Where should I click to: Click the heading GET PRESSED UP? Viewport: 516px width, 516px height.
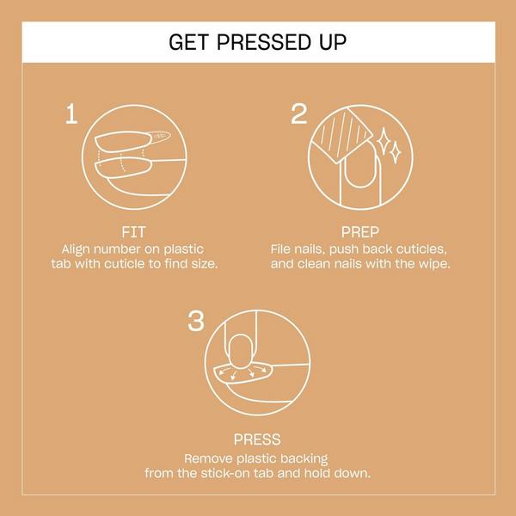click(x=258, y=42)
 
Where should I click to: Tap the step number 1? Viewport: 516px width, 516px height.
click(x=74, y=114)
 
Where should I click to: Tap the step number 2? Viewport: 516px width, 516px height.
click(x=298, y=114)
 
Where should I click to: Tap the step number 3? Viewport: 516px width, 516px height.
click(x=195, y=322)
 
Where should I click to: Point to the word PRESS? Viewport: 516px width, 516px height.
click(x=257, y=439)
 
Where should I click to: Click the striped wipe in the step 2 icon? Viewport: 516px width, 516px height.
click(x=342, y=134)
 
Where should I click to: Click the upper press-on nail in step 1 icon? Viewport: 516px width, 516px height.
click(x=133, y=139)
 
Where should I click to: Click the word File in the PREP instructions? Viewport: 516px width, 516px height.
click(x=282, y=248)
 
